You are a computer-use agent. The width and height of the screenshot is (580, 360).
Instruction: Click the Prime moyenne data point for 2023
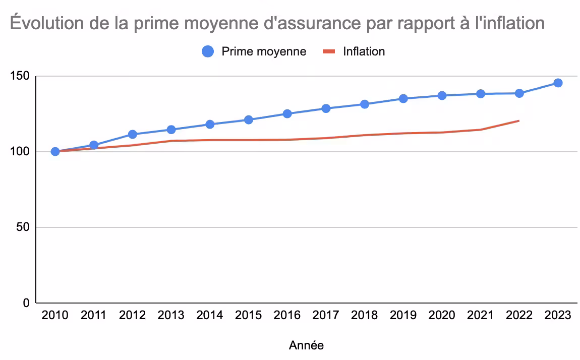(x=558, y=83)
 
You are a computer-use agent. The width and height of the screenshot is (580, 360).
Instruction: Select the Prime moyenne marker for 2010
(x=55, y=151)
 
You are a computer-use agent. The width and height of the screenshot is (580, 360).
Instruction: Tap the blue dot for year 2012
(x=133, y=134)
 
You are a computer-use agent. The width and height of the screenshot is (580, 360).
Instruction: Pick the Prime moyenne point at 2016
(x=287, y=113)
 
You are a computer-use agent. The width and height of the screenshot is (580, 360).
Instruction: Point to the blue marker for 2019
(x=403, y=98)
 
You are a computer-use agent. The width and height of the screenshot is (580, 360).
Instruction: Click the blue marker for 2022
(x=519, y=93)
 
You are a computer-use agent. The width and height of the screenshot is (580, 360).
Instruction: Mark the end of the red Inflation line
(x=519, y=121)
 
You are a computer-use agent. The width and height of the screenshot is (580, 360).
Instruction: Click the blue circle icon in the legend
(x=208, y=51)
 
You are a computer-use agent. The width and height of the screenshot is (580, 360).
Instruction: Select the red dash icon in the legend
(x=329, y=51)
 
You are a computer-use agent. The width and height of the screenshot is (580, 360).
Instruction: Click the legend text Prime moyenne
(x=264, y=51)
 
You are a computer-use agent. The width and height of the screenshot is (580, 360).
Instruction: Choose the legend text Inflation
(x=364, y=51)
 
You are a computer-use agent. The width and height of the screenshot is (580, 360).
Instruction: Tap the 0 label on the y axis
(x=26, y=303)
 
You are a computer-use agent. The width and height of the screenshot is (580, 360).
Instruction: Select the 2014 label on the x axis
(x=210, y=316)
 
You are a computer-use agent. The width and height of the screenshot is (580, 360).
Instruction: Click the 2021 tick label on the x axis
(x=480, y=316)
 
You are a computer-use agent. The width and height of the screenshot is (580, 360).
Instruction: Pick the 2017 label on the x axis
(x=326, y=316)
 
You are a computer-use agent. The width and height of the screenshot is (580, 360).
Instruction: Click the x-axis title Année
(x=306, y=345)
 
